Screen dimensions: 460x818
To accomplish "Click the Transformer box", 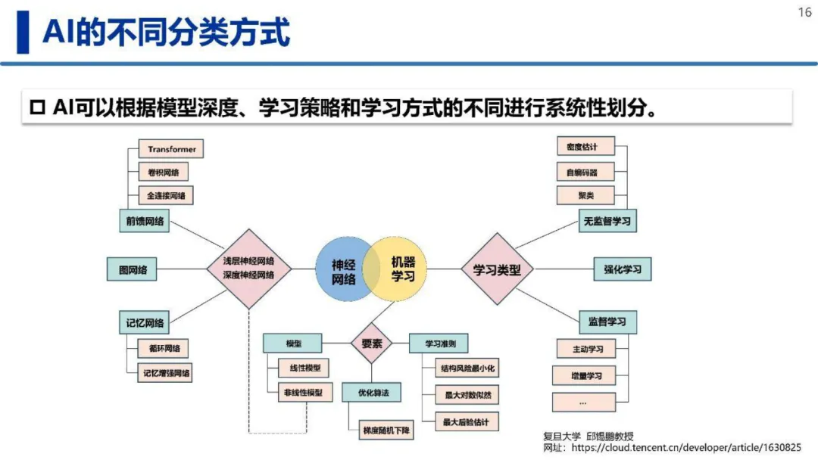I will coord(171,150).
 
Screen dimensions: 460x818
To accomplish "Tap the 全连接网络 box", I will coord(166,196).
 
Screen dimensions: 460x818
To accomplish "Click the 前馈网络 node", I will coord(144,221).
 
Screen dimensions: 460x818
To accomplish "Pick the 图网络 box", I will coord(133,269).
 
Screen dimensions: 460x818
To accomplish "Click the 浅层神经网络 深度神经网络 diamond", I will coord(248,269).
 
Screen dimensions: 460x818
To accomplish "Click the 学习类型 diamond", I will coord(497,269).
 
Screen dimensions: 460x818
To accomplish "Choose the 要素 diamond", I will coord(372,343).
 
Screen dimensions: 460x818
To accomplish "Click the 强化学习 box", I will coord(622,269).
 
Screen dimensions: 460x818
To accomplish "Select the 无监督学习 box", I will coord(607,222).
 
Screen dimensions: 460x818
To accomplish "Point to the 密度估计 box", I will coord(585,147).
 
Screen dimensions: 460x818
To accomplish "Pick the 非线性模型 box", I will coord(304,392).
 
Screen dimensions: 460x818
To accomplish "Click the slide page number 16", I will coord(804,13).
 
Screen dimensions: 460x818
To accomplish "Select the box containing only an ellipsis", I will coord(583,402).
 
